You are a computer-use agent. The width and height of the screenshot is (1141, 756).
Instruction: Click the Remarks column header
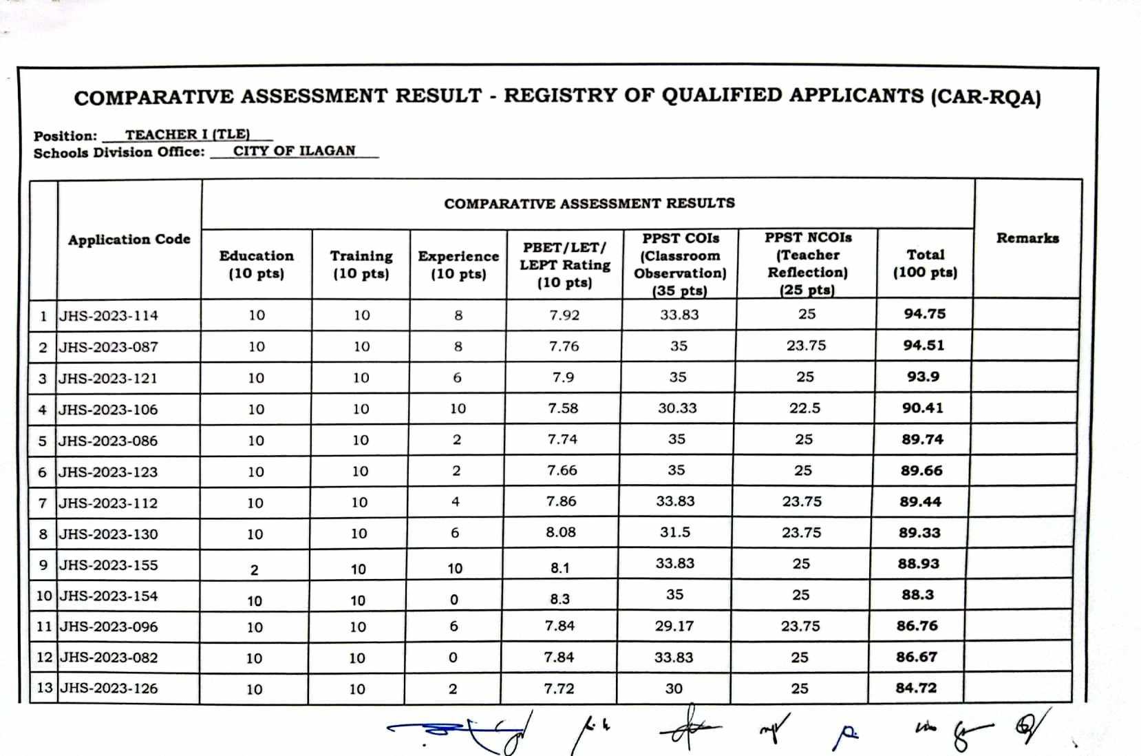[x=1027, y=238]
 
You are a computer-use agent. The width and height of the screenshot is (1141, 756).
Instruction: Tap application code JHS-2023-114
[x=109, y=316]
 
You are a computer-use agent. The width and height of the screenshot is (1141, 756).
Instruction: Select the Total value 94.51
[x=924, y=346]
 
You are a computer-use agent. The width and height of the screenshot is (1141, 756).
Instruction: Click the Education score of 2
[x=254, y=570]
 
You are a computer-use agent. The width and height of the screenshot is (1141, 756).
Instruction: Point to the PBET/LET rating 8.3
[x=559, y=599]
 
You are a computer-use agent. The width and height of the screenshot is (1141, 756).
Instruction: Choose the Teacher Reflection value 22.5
[x=804, y=408]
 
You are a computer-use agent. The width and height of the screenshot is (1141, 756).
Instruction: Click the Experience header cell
[x=458, y=264]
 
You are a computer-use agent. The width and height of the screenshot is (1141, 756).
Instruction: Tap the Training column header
[x=361, y=264]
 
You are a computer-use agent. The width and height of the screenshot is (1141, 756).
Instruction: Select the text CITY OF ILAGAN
[x=295, y=151]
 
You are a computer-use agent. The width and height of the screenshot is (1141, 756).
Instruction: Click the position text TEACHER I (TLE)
[x=187, y=134]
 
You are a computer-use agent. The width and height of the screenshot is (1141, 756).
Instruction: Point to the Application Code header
[x=129, y=240]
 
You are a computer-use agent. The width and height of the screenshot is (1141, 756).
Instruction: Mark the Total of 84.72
[x=916, y=688]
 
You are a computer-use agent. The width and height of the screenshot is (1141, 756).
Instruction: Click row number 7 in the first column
[x=43, y=503]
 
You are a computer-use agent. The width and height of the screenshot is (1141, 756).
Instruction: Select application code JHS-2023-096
[x=109, y=627]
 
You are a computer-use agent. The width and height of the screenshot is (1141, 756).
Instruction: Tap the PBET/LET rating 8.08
[x=561, y=532]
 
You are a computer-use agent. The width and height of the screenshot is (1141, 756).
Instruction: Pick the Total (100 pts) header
[x=925, y=263]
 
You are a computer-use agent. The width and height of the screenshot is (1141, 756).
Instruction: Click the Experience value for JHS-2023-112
[x=456, y=502]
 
